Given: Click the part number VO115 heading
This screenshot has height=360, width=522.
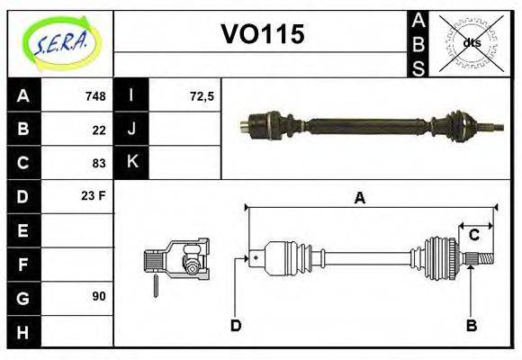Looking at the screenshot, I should tap(263, 35).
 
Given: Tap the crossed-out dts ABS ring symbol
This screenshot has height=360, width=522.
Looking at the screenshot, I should tap(472, 42).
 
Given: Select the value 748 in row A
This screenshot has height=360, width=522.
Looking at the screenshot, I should tap(95, 96).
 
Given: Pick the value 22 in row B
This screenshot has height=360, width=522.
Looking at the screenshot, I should tap(99, 130).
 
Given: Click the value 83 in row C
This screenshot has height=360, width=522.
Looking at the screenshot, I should tap(99, 163).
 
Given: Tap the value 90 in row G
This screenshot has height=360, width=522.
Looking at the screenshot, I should tap(99, 296).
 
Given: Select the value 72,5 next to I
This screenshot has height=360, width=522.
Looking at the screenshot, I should tap(202, 96).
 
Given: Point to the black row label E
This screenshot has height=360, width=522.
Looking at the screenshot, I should tap(23, 230).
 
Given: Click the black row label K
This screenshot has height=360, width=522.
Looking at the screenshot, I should tap(132, 162).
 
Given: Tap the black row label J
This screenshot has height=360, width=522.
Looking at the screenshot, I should tap(132, 129).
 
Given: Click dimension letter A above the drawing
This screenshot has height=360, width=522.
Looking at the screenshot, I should tap(360, 198).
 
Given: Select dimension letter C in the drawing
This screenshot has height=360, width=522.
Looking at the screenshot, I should tap(473, 236).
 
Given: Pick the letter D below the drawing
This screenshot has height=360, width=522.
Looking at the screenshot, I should tap(236, 325).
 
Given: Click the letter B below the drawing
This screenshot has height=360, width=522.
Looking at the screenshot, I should tap(471, 325).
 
